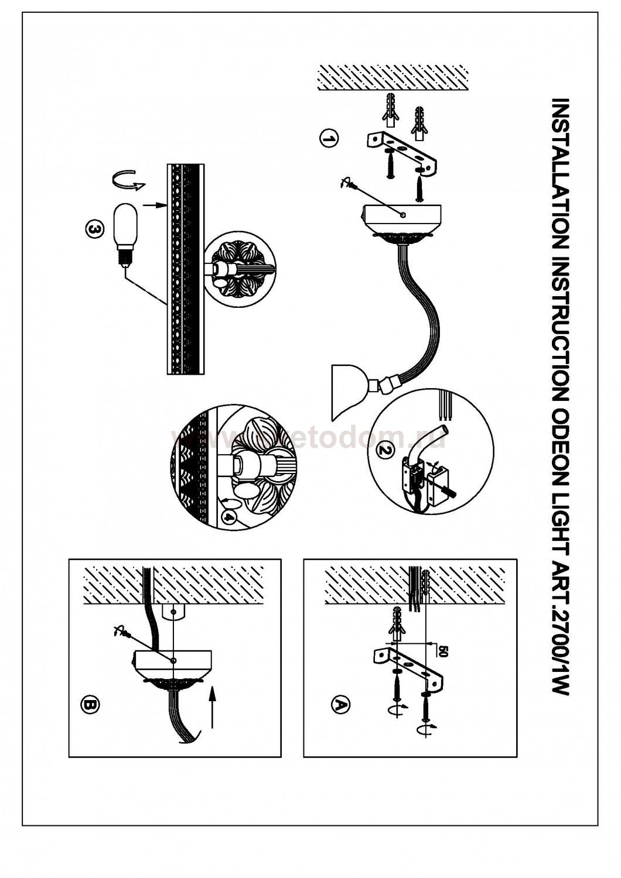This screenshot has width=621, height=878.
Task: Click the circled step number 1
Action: click(x=329, y=139)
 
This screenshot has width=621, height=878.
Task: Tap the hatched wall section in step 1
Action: click(x=393, y=78)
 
